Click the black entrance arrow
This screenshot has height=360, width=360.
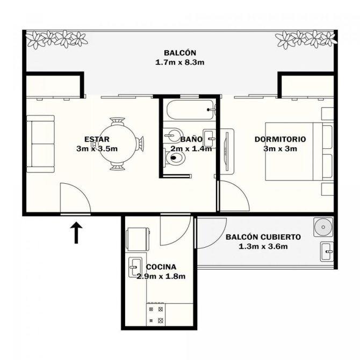[76, 232]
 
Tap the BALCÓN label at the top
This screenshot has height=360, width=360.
[180, 53]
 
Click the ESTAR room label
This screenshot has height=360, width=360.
[97, 139]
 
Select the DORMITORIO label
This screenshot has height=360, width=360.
[280, 139]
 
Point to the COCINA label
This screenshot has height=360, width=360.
[161, 267]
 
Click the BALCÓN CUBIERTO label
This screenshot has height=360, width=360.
[263, 237]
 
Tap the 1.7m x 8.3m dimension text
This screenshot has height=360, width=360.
[180, 62]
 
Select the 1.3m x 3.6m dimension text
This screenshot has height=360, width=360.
[263, 246]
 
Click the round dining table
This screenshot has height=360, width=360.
[118, 143]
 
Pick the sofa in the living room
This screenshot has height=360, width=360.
[41, 143]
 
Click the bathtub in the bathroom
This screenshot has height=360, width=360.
[191, 110]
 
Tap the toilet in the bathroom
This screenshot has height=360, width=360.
[175, 157]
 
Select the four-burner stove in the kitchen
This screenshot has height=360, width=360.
[156, 314]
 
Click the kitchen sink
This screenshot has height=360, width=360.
[135, 267]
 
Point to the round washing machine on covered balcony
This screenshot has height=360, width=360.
[323, 227]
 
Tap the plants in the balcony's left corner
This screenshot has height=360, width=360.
[56, 39]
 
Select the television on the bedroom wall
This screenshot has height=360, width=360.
[227, 151]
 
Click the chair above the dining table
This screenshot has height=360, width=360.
[118, 121]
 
